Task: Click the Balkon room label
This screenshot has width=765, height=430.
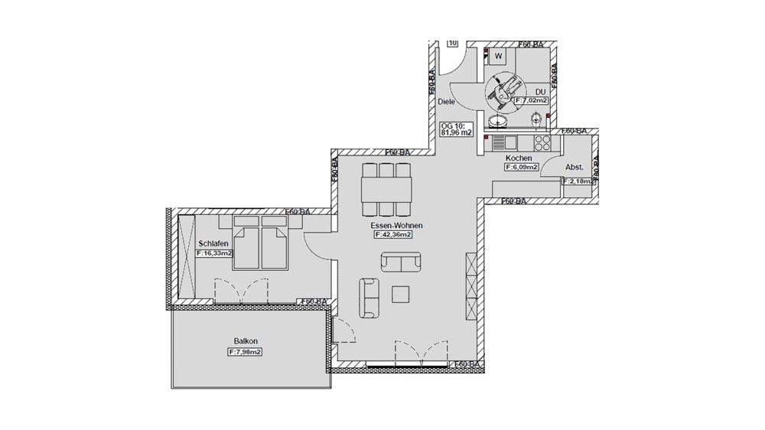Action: pos(245,341)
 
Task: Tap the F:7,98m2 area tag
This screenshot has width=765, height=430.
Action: pos(245,352)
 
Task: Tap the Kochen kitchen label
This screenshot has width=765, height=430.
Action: pos(519,158)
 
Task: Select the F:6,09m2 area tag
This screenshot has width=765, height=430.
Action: pos(519,167)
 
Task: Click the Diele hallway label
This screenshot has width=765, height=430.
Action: pos(447,101)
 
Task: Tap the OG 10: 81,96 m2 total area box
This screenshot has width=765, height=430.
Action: pos(456,128)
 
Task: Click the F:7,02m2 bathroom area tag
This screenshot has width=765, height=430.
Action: pos(531,100)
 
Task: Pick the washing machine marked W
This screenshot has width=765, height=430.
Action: pos(498,56)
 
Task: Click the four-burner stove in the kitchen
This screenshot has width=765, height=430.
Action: pos(542,143)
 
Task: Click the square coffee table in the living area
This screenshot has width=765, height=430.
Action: pos(400,294)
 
